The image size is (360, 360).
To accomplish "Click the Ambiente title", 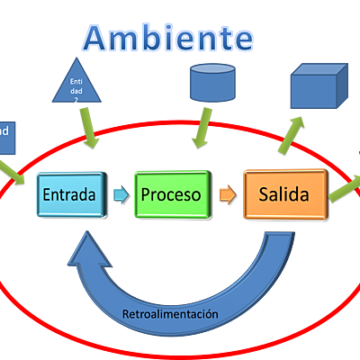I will point(167,39).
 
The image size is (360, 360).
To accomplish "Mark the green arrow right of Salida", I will point(345,186).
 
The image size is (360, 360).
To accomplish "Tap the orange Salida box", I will point(284,193).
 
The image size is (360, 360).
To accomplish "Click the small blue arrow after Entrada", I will point(119,193).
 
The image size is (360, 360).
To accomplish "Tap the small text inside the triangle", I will point(76,89).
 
